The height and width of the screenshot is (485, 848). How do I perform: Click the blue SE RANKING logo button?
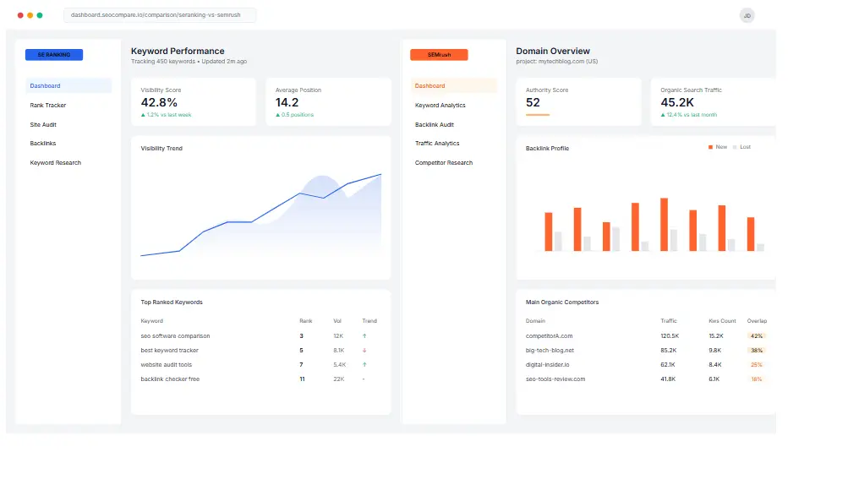(54, 54)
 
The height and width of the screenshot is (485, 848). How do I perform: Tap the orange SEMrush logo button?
(439, 54)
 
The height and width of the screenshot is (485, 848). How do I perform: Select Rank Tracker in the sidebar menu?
(48, 106)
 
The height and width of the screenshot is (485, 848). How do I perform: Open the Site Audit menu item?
(43, 125)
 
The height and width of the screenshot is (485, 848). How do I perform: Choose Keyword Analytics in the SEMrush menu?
(440, 106)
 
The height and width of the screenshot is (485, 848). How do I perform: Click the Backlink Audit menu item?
(435, 125)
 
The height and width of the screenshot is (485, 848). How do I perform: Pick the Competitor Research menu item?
(444, 163)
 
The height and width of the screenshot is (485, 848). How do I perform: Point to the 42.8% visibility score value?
(159, 102)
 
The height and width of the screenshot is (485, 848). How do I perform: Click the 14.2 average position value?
(287, 102)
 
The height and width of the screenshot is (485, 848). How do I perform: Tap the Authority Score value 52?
(533, 102)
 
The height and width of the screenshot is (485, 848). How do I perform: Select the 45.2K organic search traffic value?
(678, 102)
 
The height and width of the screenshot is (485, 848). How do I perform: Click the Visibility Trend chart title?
(161, 149)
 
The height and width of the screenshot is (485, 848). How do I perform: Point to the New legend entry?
(718, 147)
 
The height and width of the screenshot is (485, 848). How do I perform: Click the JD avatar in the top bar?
(747, 15)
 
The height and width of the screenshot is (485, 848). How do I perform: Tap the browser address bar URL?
(156, 15)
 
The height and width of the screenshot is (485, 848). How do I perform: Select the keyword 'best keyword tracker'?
(170, 350)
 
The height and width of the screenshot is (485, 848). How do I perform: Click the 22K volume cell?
(338, 379)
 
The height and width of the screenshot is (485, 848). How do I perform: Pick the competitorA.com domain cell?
(550, 336)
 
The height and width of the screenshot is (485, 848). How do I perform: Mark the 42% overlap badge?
(756, 336)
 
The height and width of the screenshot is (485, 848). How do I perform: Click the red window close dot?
(20, 15)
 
